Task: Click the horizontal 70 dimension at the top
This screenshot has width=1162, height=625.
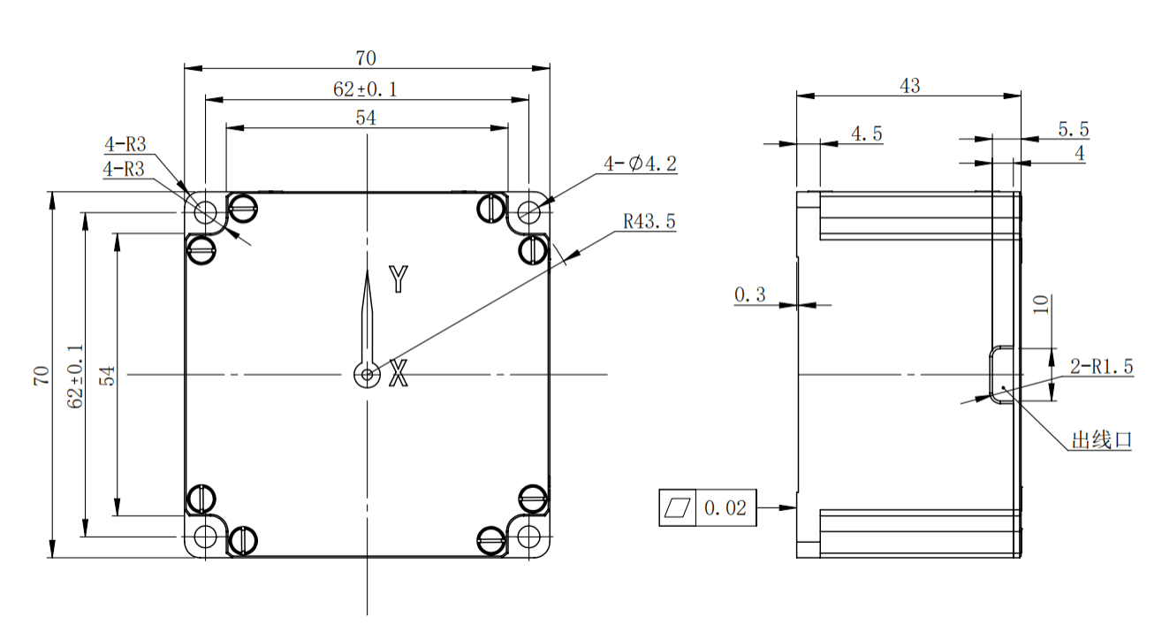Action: [x=366, y=58]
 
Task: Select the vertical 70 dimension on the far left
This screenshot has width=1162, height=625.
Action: [x=41, y=375]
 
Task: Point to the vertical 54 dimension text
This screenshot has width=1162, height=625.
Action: [x=107, y=375]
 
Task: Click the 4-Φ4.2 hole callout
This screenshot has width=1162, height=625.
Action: [x=640, y=164]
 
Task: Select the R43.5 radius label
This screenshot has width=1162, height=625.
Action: [x=649, y=221]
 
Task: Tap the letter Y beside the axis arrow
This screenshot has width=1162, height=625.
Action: [x=399, y=279]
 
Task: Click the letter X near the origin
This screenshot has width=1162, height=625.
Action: [x=399, y=375]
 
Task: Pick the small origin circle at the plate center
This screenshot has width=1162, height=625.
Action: [x=367, y=375]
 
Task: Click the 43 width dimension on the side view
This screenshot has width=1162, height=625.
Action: [x=909, y=86]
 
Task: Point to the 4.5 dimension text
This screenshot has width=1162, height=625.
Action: [x=866, y=133]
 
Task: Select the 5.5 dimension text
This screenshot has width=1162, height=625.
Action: [x=1073, y=129]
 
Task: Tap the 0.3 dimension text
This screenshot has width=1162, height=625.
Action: [x=750, y=295]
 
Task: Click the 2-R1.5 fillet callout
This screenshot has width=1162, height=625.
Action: [x=1101, y=367]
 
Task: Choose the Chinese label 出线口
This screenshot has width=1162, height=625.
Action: [x=1101, y=440]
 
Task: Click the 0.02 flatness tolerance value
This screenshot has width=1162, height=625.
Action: [x=725, y=508]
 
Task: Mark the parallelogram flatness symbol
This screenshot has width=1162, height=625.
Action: [x=678, y=507]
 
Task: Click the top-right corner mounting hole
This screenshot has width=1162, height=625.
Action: [x=529, y=211]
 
